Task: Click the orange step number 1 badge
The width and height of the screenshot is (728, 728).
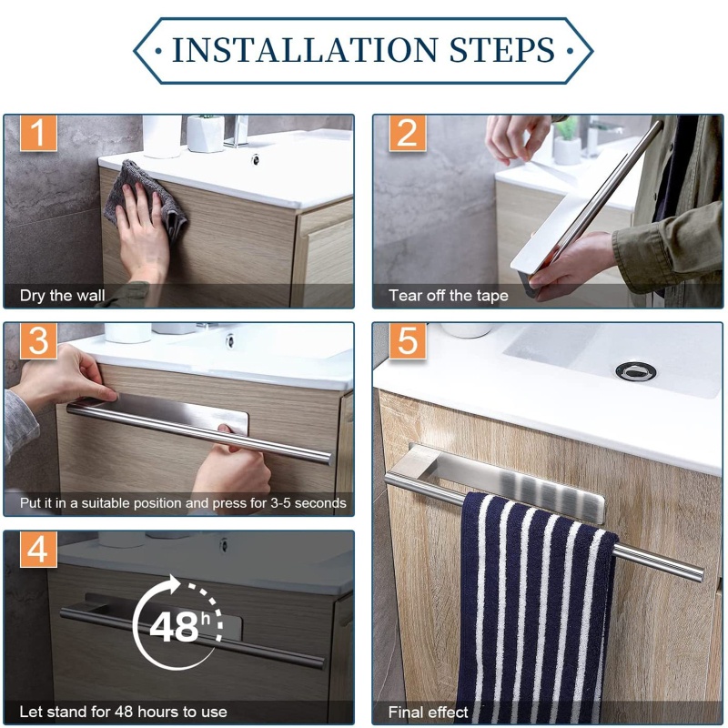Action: click(x=38, y=133)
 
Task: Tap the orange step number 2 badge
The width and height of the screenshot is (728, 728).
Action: click(x=408, y=133)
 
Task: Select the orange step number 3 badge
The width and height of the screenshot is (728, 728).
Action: click(x=38, y=341)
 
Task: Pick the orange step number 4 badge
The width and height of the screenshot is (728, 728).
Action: click(x=38, y=550)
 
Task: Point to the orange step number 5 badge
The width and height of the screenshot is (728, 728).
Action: click(x=408, y=341)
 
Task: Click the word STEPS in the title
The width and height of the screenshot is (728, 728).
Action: click(x=502, y=50)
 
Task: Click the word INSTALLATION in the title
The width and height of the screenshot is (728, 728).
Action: click(x=305, y=50)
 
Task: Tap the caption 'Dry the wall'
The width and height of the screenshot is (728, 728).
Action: click(x=62, y=296)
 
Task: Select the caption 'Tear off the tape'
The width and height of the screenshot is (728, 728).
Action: click(x=449, y=296)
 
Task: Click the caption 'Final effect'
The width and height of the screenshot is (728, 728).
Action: click(x=428, y=713)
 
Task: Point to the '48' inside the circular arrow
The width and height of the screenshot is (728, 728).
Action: click(x=174, y=627)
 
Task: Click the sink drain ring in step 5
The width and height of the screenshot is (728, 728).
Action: click(x=636, y=371)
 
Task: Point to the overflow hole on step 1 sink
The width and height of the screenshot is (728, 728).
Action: click(x=255, y=160)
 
